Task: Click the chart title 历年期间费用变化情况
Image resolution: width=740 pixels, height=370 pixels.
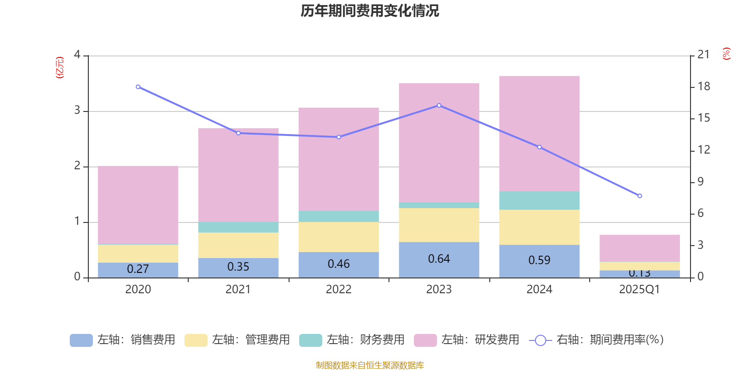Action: tap(370, 11)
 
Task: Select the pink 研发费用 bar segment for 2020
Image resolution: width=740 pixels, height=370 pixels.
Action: tap(138, 204)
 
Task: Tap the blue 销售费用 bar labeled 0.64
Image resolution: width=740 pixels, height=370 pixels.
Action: tap(439, 259)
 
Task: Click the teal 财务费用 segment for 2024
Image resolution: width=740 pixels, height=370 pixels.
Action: tap(539, 200)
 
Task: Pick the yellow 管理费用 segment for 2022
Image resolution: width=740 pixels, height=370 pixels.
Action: tap(339, 237)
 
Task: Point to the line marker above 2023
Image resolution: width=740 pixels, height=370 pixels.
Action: tap(439, 105)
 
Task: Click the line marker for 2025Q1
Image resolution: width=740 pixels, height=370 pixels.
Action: tap(640, 196)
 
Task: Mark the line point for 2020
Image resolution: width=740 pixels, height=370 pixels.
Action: tap(138, 87)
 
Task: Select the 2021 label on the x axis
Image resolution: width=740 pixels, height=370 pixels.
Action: tap(238, 290)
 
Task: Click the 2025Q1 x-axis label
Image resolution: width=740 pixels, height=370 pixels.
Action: tap(640, 290)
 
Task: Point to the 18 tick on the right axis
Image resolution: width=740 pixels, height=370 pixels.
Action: tap(703, 86)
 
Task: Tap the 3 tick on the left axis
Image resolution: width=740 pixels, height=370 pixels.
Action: tap(77, 111)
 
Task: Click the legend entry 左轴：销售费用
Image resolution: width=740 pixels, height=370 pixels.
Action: tap(123, 340)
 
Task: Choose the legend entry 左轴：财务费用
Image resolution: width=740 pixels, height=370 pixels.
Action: tap(352, 340)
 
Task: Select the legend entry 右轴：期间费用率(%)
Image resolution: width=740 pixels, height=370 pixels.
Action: tap(597, 340)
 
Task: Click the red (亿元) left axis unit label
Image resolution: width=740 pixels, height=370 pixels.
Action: tap(59, 68)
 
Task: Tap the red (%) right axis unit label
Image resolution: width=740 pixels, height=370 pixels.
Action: tap(726, 54)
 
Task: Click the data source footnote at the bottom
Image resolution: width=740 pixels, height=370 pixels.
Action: tap(370, 365)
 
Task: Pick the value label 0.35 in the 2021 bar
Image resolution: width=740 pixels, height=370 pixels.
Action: tap(238, 267)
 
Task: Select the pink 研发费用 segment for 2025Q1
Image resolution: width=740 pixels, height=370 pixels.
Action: tap(640, 248)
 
